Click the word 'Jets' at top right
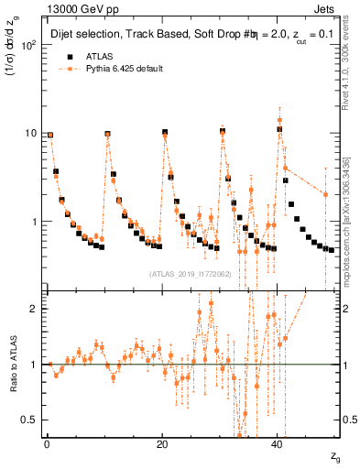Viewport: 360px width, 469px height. click(326, 8)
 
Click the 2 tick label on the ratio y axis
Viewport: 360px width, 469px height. click(34, 309)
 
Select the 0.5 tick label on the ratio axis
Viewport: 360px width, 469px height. click(30, 420)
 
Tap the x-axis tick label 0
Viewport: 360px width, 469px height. click(47, 444)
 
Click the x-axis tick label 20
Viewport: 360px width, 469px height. click(162, 444)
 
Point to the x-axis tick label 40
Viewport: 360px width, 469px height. click(278, 444)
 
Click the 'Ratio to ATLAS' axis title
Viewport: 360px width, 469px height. click(13, 364)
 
